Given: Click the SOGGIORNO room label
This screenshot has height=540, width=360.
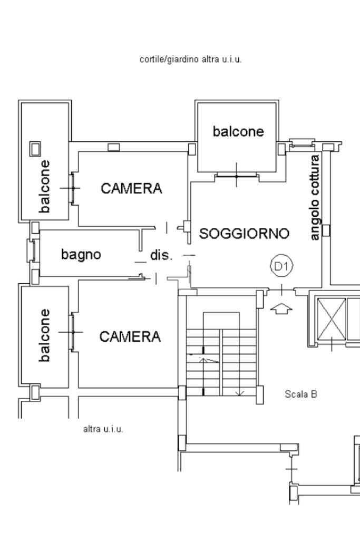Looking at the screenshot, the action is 244,234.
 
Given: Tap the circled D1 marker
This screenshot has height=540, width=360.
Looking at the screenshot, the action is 282,266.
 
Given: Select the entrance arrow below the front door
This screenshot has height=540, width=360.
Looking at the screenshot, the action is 281,308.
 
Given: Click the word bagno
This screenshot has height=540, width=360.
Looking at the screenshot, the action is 81,255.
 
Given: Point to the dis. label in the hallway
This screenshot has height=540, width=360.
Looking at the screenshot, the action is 161,255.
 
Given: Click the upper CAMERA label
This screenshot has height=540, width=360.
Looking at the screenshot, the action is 131,188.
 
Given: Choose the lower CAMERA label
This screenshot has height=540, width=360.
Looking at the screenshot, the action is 130,336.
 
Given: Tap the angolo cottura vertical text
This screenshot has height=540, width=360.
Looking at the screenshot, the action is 315,198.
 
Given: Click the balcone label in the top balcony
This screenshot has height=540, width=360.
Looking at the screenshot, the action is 238,131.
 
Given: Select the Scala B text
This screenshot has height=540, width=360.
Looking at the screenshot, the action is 301,394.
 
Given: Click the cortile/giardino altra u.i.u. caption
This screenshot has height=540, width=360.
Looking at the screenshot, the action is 191,59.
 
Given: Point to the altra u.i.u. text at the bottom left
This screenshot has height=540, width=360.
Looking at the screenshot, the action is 103,429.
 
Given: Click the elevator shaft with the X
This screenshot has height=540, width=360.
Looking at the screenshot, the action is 331,319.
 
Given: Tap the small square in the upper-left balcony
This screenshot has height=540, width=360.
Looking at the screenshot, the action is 35,149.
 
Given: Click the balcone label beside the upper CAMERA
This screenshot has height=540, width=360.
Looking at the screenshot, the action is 44,186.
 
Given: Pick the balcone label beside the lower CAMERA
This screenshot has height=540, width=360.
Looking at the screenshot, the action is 44,335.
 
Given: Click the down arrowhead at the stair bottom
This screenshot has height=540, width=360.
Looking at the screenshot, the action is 239,393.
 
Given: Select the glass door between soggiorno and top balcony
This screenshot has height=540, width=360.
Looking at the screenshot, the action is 237,176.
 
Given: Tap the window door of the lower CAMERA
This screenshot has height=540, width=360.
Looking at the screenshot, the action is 73,332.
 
